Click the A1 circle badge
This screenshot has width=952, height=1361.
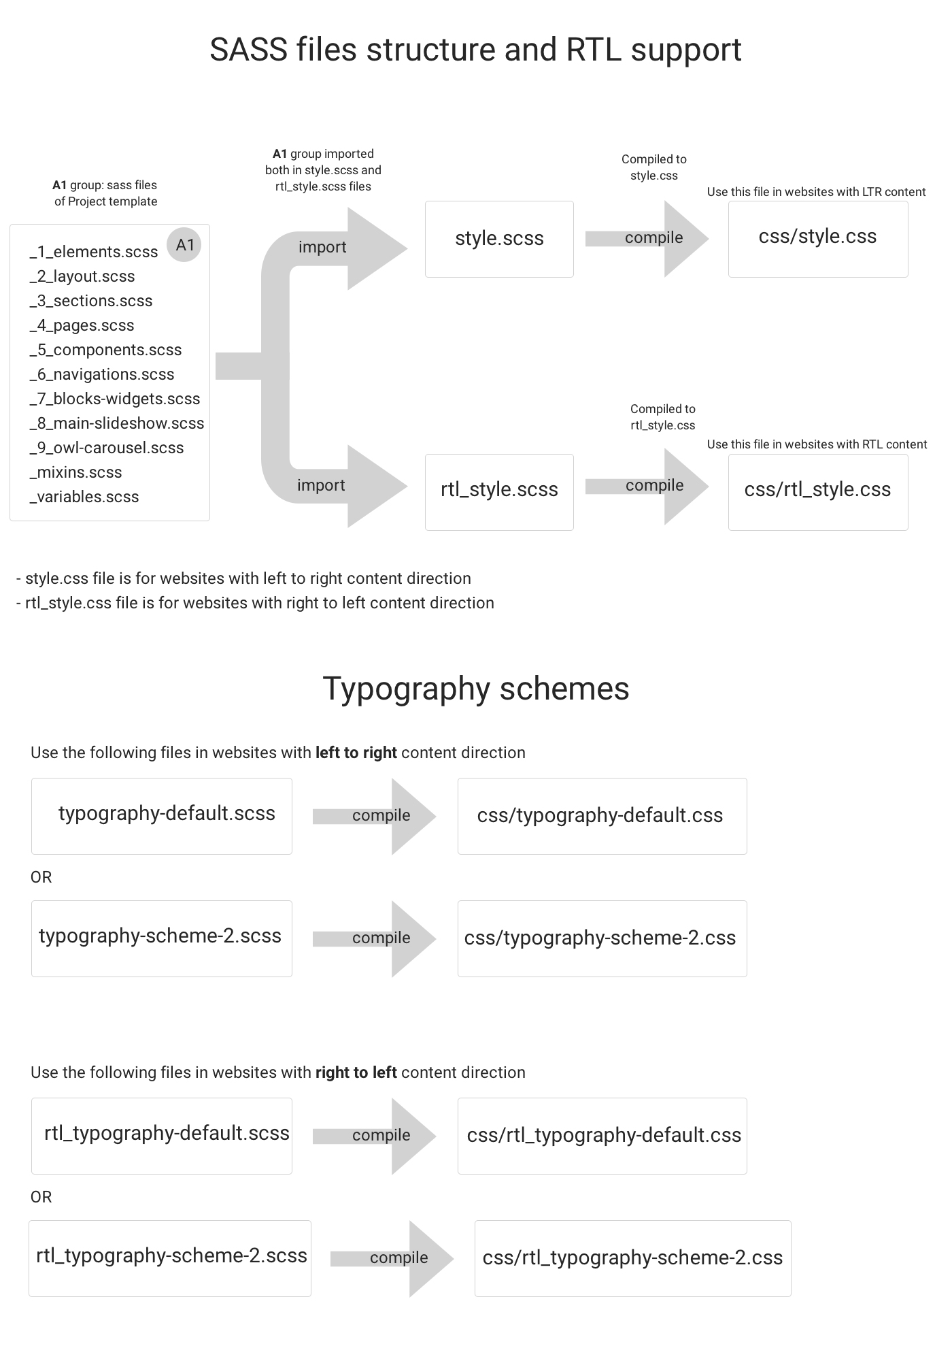click(184, 245)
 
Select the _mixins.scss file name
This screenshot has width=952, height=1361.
click(75, 472)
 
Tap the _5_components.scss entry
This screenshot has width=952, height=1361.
click(105, 350)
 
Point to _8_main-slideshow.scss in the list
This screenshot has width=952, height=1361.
click(116, 423)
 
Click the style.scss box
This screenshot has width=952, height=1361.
click(499, 239)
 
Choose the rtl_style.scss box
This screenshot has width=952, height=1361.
click(499, 491)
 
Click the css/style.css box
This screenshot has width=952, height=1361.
click(817, 238)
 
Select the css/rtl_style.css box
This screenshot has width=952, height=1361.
click(817, 491)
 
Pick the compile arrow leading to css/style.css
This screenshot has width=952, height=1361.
click(653, 238)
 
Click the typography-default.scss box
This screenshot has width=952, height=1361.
click(162, 815)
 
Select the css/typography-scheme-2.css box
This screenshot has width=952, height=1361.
click(602, 938)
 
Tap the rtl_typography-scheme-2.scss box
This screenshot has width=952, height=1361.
click(170, 1258)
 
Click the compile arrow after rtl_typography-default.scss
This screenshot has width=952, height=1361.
click(381, 1135)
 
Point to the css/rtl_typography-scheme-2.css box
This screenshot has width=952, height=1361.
click(632, 1258)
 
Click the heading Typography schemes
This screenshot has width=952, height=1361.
click(475, 689)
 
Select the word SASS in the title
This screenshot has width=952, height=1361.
click(248, 50)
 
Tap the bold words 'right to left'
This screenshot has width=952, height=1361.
click(356, 1072)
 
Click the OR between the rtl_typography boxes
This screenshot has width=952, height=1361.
click(41, 1196)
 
